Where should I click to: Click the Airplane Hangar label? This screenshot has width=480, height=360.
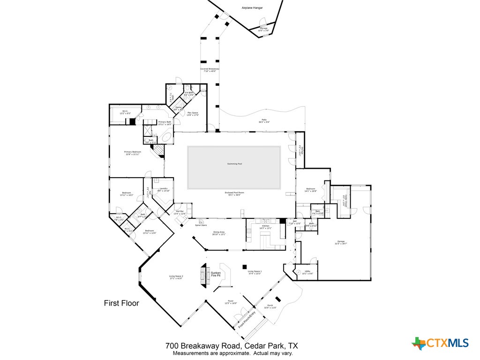[252, 8]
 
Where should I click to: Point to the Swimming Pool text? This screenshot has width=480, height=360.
[234, 164]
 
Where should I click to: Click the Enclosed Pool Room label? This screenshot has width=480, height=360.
[233, 194]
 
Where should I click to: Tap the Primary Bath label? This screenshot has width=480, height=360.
[165, 123]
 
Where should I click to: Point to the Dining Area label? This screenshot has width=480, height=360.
[219, 233]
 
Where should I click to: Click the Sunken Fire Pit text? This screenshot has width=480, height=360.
[216, 275]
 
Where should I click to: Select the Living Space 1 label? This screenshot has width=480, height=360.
[255, 272]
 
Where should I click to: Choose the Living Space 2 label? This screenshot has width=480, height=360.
[176, 277]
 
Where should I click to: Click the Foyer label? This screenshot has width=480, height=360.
[231, 302]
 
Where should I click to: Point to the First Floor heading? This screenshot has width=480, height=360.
[121, 303]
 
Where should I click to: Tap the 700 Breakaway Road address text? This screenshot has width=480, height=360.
[232, 346]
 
